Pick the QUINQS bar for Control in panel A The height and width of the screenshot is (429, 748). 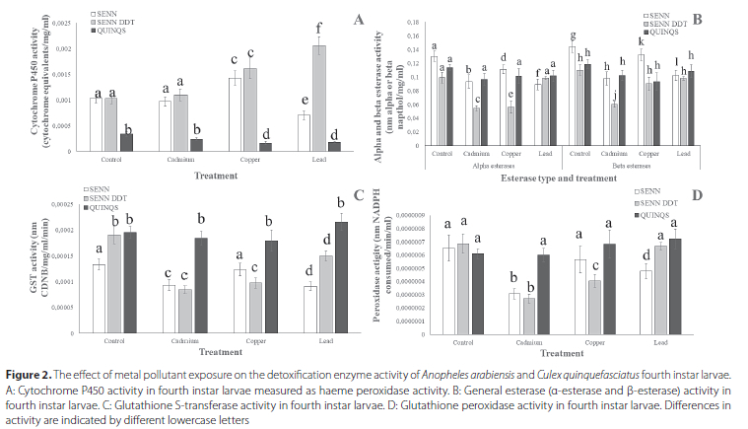point(126,143)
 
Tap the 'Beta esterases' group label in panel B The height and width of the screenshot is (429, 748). point(630,167)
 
